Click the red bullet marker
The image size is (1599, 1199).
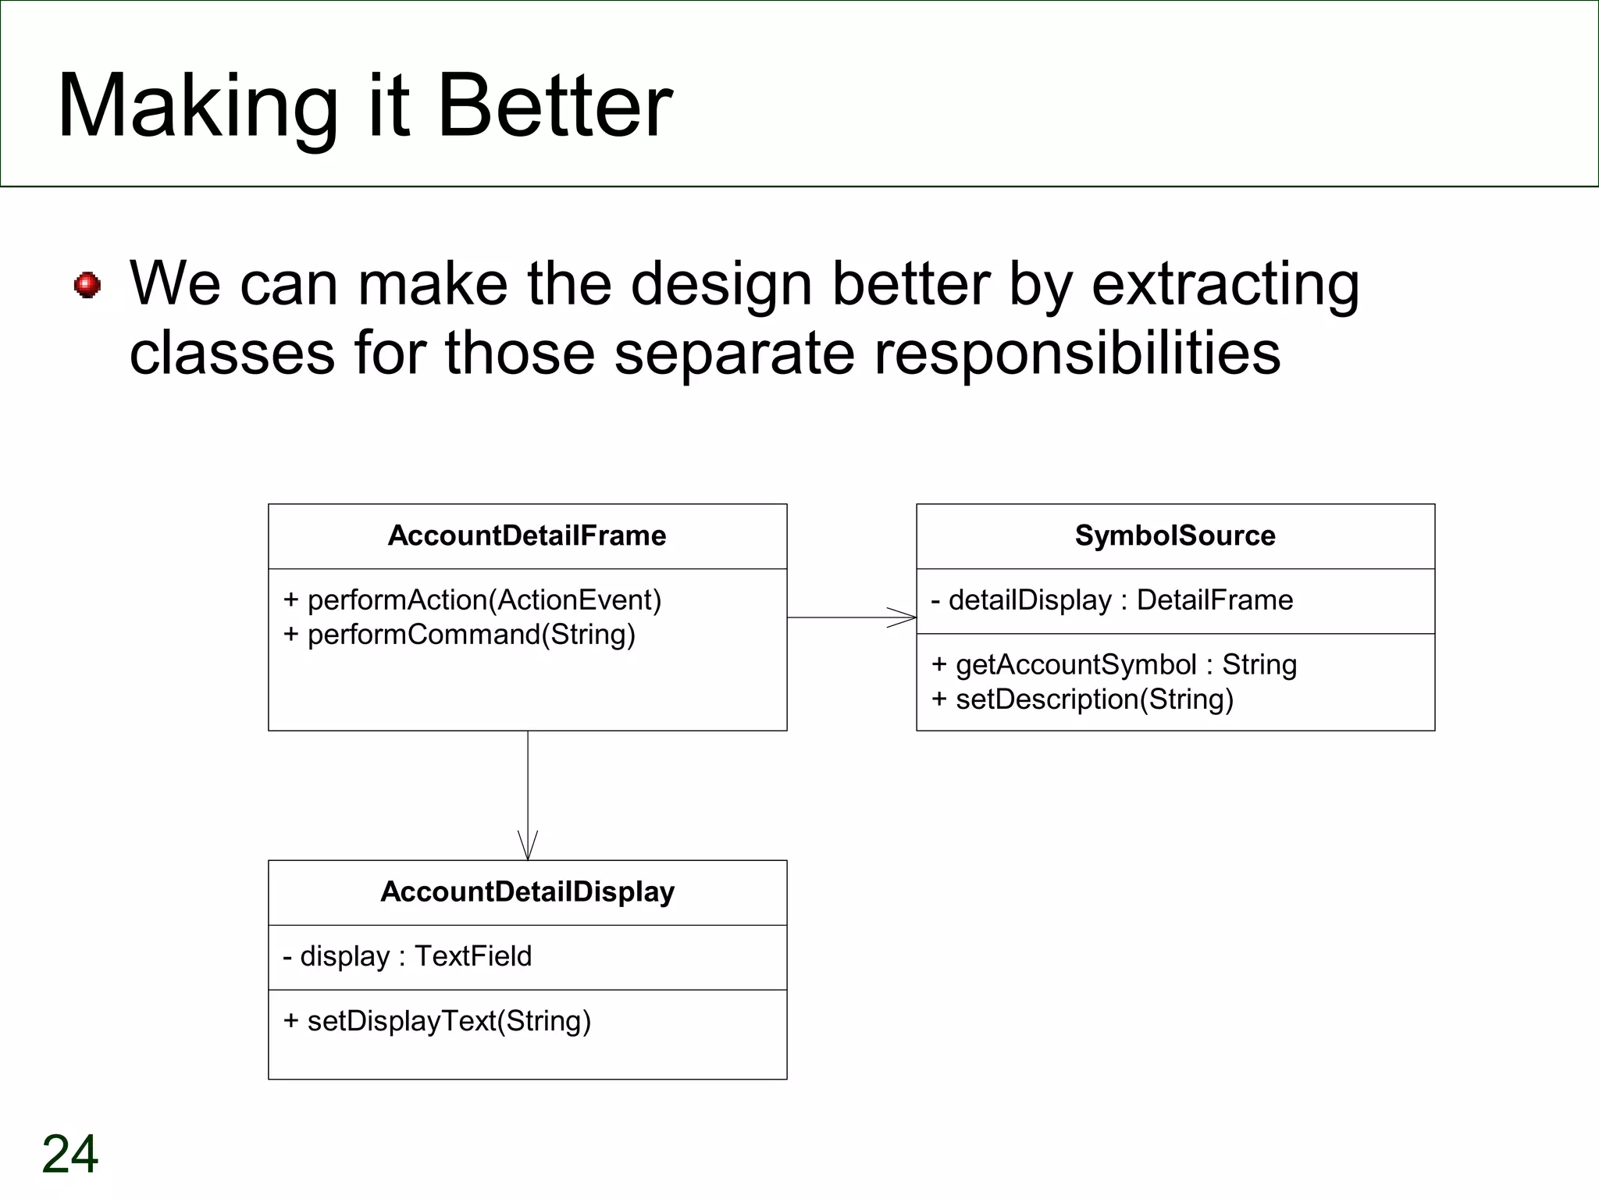tap(87, 285)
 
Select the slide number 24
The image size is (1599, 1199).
tap(70, 1154)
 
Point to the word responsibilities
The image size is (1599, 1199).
tap(1077, 353)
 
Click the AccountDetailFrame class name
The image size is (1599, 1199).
tap(527, 535)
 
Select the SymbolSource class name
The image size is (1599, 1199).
tap(1175, 535)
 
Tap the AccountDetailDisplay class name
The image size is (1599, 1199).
tap(527, 891)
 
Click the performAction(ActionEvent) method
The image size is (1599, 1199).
tap(472, 599)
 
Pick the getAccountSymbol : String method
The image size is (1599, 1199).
tap(1114, 664)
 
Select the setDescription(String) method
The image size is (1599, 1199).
tap(1082, 699)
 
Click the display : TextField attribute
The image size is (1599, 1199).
tap(407, 956)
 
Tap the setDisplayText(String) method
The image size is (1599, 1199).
tap(437, 1021)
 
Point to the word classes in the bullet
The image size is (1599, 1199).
tap(232, 353)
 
